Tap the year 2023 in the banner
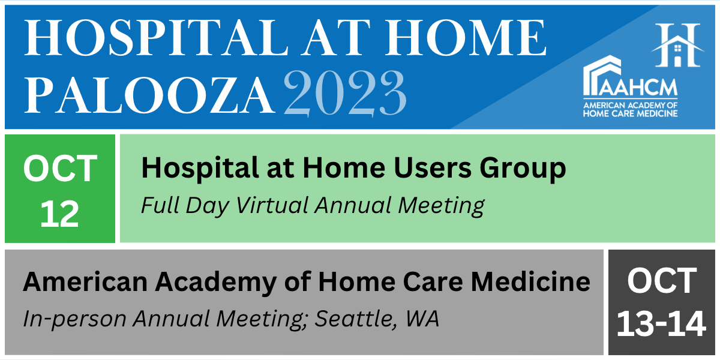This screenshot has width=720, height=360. [x=345, y=93]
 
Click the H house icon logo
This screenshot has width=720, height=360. [x=678, y=45]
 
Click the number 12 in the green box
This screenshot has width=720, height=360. [x=60, y=214]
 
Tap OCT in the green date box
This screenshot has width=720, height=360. [x=60, y=169]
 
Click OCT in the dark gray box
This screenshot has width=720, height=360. [x=662, y=281]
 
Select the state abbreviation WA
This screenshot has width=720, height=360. [x=422, y=319]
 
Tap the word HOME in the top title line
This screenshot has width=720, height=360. [x=466, y=38]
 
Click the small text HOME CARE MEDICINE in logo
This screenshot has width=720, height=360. [x=631, y=113]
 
